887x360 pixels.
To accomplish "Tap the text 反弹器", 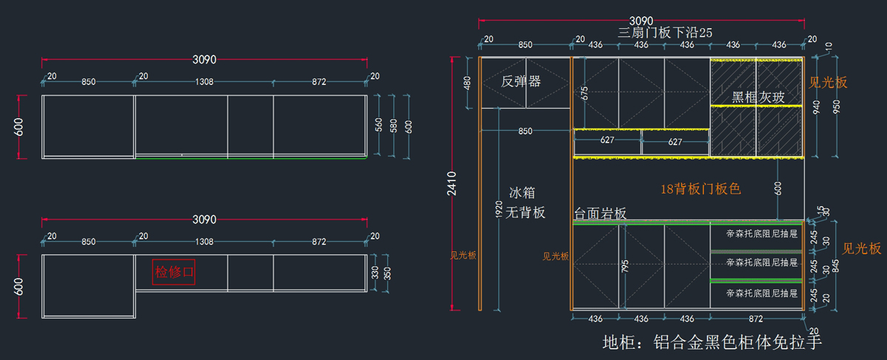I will pyautogui.click(x=521, y=81).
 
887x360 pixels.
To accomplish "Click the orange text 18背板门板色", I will pyautogui.click(x=700, y=189).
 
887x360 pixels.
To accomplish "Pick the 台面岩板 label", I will pyautogui.click(x=600, y=213).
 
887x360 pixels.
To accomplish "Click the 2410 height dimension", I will pyautogui.click(x=452, y=185).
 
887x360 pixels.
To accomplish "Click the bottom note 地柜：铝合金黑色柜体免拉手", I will pyautogui.click(x=712, y=342).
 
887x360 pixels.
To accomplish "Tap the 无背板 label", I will pyautogui.click(x=525, y=213).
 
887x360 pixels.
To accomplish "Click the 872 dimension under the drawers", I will pyautogui.click(x=755, y=319).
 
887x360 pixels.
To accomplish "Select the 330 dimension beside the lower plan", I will pyautogui.click(x=374, y=273).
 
